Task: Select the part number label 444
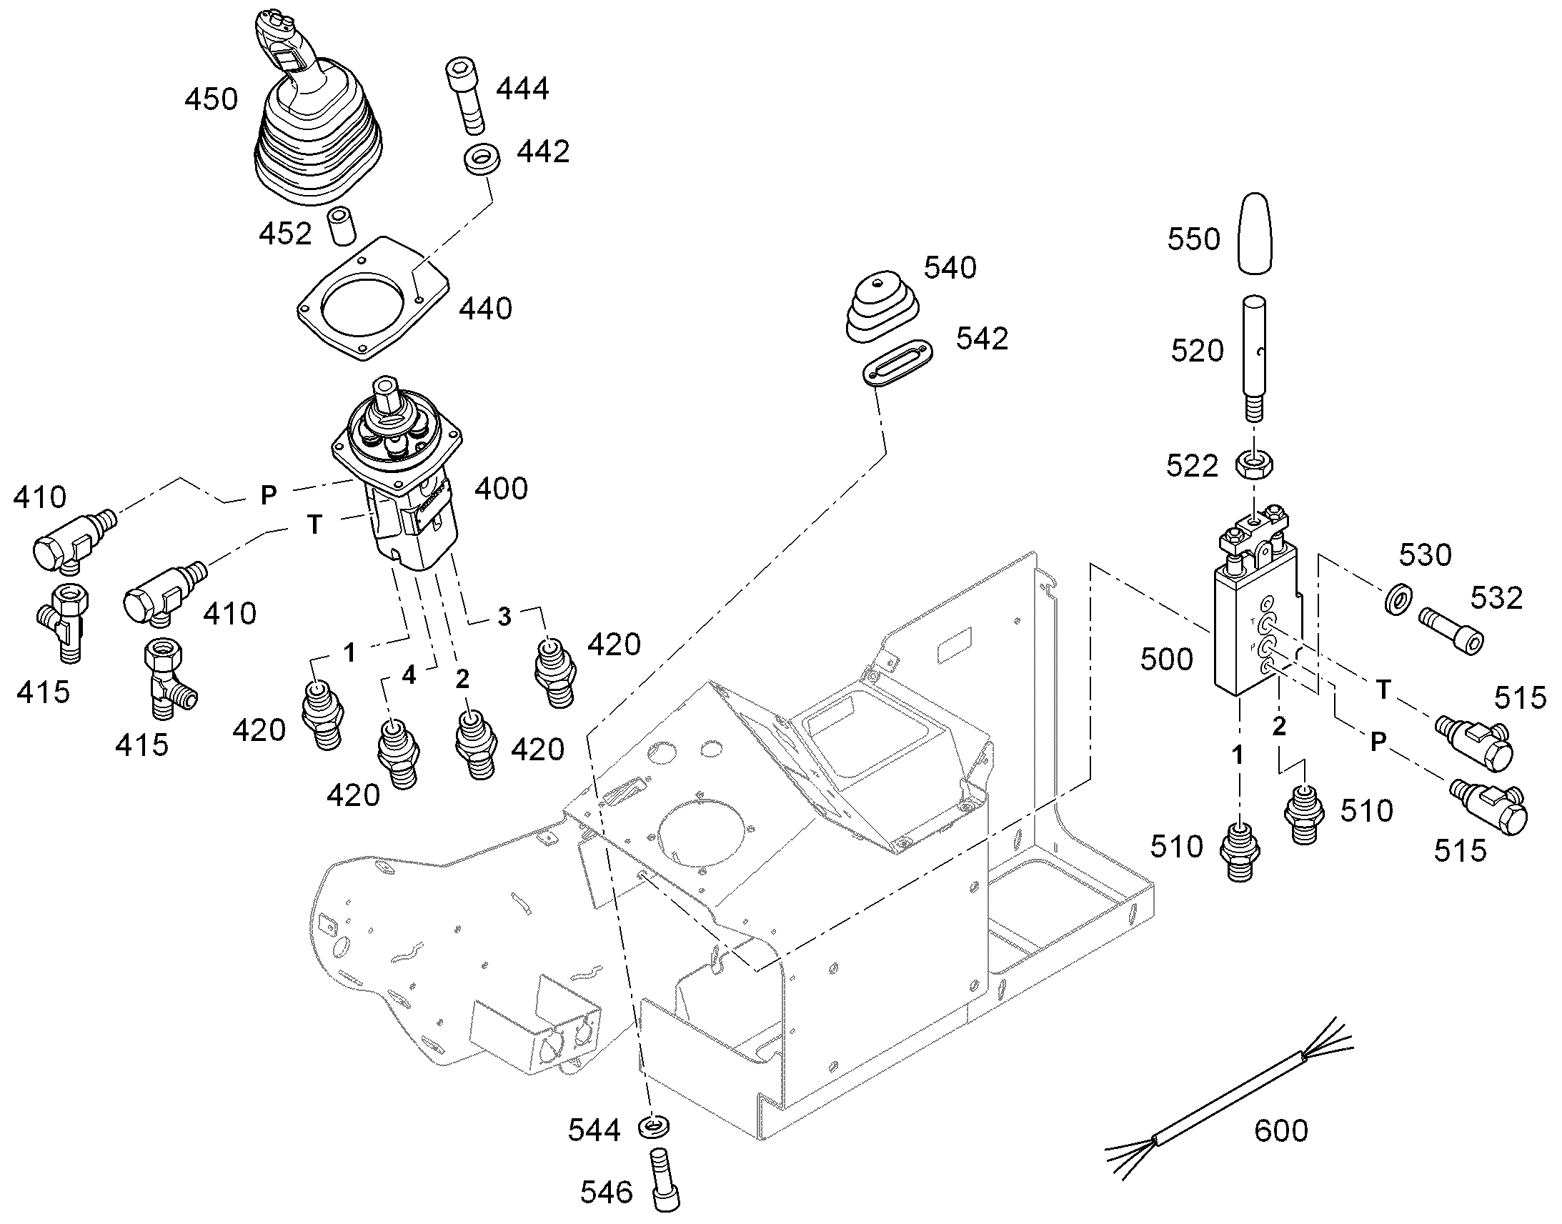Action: click(x=523, y=89)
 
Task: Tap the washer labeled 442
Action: click(x=482, y=159)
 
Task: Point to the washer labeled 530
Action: click(x=1391, y=598)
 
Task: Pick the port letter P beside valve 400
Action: click(x=268, y=495)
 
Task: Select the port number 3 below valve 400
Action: click(x=504, y=617)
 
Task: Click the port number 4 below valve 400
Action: click(x=409, y=675)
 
